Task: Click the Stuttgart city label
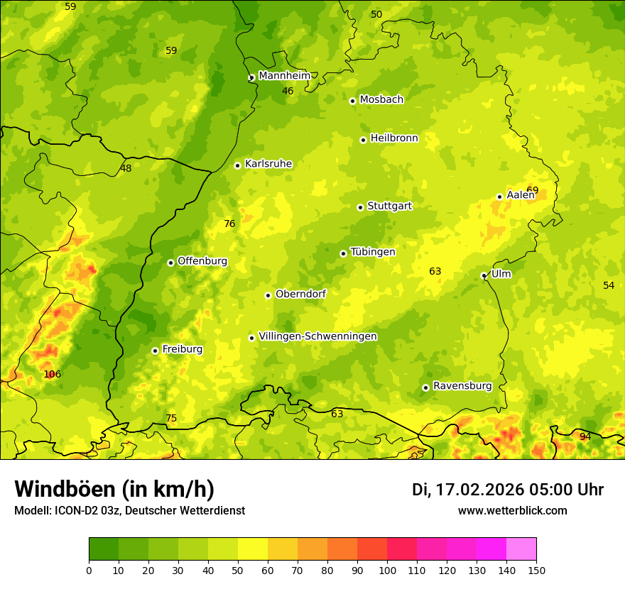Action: click(x=389, y=206)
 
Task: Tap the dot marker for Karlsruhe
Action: click(x=238, y=165)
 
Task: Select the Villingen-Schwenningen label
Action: click(x=317, y=336)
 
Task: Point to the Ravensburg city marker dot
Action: click(x=425, y=387)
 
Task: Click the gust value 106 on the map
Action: click(x=53, y=374)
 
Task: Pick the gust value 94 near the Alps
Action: click(x=585, y=436)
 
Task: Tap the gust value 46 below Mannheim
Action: click(x=288, y=91)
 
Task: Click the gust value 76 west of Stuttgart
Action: click(x=229, y=224)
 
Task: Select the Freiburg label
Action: click(x=182, y=349)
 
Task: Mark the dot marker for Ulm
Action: click(x=484, y=275)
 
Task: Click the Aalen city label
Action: click(x=521, y=195)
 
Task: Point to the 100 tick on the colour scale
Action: click(x=387, y=570)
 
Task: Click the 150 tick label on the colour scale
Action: click(x=536, y=570)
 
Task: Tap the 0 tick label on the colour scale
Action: click(x=89, y=570)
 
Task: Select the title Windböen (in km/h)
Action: click(x=114, y=489)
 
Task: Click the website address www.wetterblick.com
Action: click(x=512, y=510)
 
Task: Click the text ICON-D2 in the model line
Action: click(x=75, y=510)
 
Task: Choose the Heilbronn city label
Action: click(x=394, y=138)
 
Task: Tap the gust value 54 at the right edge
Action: click(x=609, y=285)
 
